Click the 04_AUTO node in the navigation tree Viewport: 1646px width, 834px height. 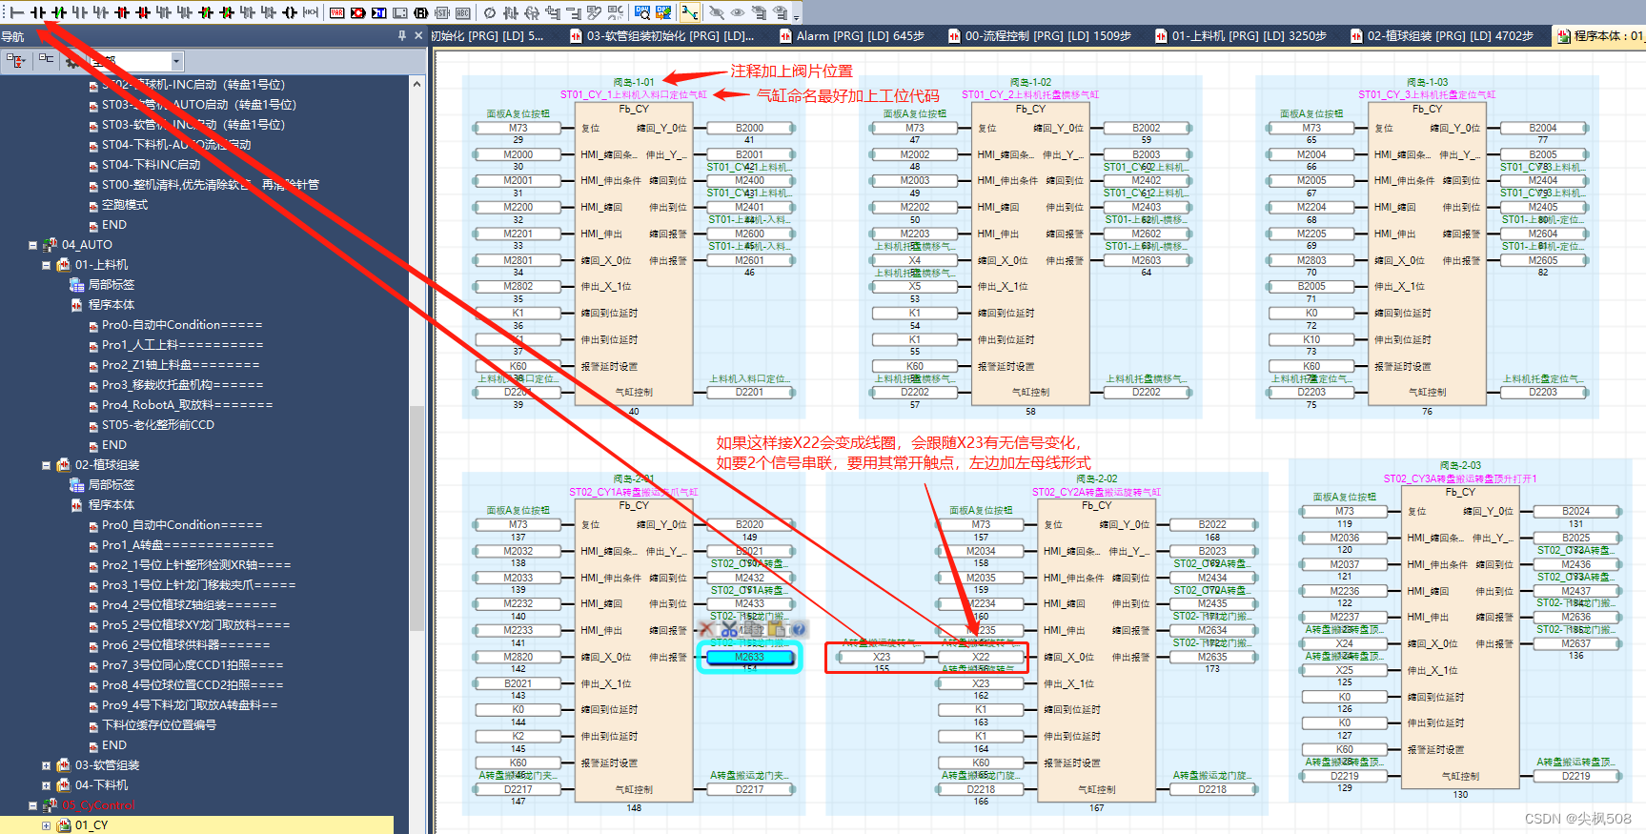(x=87, y=245)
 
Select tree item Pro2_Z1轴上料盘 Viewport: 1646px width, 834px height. (x=180, y=365)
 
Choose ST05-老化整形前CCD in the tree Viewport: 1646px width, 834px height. (x=157, y=425)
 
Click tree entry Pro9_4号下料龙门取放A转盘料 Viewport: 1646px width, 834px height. (x=189, y=705)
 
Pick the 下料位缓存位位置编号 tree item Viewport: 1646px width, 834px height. (x=158, y=725)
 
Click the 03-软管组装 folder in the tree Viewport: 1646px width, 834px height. (x=107, y=765)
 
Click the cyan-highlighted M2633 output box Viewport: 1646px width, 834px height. (x=749, y=657)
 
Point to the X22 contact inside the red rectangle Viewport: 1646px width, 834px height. (x=981, y=657)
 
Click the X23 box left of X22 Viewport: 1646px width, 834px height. (x=882, y=657)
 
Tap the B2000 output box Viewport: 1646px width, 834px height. (x=749, y=128)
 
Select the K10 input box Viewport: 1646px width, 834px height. (x=1311, y=339)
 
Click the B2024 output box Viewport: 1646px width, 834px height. (x=1575, y=511)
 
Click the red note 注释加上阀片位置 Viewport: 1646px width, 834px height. (x=791, y=71)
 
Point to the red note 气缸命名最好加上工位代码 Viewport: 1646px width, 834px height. (x=847, y=95)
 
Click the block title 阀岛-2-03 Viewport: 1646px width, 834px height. (x=1460, y=466)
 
